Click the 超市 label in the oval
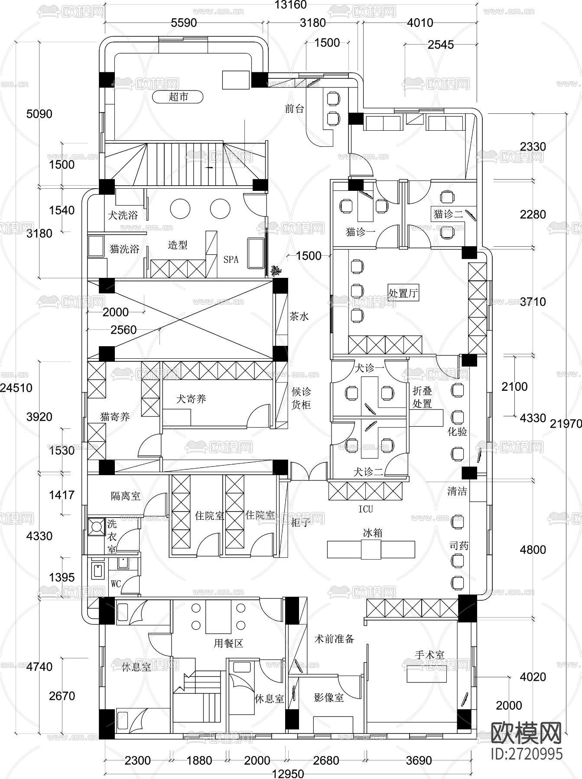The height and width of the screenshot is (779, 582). (x=178, y=97)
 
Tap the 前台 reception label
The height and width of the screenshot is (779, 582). (x=294, y=109)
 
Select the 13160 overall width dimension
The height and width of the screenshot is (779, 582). (x=291, y=5)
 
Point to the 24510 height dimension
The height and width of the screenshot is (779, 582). (x=16, y=387)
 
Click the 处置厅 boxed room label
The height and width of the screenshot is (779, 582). (x=403, y=293)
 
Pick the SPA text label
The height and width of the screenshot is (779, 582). (x=231, y=259)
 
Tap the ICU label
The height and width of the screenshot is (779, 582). (x=365, y=509)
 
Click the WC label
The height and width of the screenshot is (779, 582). (x=116, y=584)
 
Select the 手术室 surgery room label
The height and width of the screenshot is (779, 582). (x=429, y=655)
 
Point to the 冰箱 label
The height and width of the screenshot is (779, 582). (x=372, y=533)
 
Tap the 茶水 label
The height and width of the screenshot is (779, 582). (x=299, y=316)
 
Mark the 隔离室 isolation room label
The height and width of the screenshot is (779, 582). (x=126, y=496)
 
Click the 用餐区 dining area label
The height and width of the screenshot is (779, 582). (x=228, y=644)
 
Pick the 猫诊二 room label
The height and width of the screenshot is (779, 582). (x=448, y=214)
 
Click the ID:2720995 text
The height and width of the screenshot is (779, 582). (x=527, y=753)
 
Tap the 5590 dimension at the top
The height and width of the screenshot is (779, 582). (x=184, y=23)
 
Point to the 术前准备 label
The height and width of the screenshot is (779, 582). (x=334, y=639)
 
